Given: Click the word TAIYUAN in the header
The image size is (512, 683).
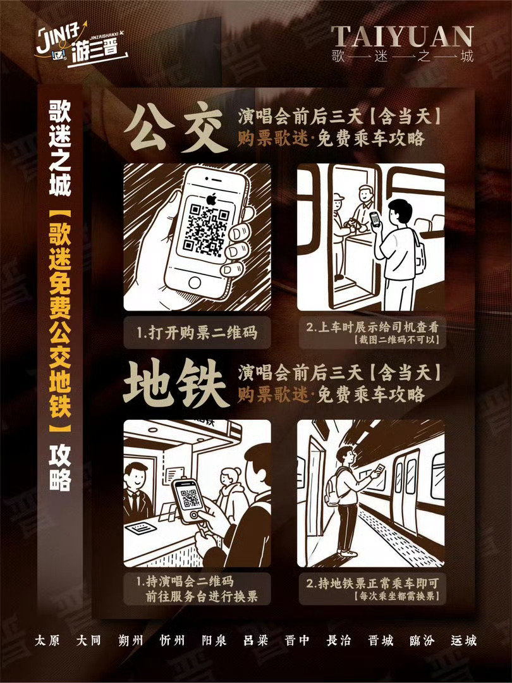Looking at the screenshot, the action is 402,37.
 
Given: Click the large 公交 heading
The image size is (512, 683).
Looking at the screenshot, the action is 176,127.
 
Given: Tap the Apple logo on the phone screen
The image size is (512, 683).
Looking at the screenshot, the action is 211,199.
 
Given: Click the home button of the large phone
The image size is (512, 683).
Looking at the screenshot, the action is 194,282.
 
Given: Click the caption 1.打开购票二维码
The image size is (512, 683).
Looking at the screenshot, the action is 197,333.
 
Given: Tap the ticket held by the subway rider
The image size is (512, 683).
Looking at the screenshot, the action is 379,469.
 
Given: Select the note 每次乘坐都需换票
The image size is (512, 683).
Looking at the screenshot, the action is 396,596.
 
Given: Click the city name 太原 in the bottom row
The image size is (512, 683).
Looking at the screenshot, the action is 47,640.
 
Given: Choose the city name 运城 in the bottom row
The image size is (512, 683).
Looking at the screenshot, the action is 464,640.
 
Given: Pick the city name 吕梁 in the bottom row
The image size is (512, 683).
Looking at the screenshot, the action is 255,640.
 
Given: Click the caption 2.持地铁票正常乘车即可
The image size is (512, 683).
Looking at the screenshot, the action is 372,583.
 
